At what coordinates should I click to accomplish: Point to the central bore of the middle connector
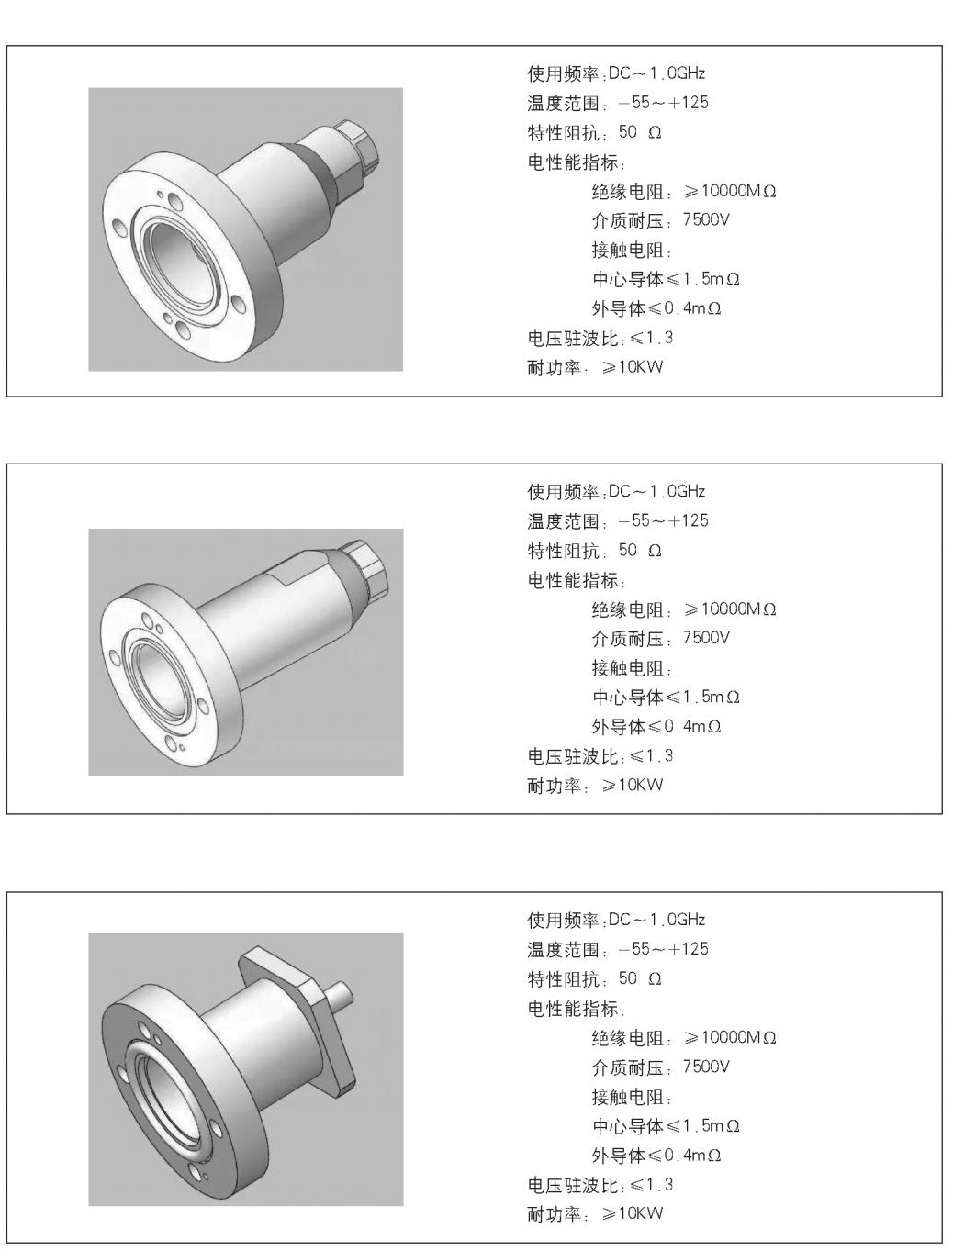[158, 670]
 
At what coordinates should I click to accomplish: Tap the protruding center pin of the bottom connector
[341, 992]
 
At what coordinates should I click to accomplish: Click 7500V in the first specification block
[706, 220]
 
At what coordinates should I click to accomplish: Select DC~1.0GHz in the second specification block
[656, 491]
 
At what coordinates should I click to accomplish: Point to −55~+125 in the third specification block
[663, 949]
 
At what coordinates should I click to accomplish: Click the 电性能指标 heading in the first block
[576, 162]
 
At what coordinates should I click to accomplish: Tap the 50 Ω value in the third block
[640, 978]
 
